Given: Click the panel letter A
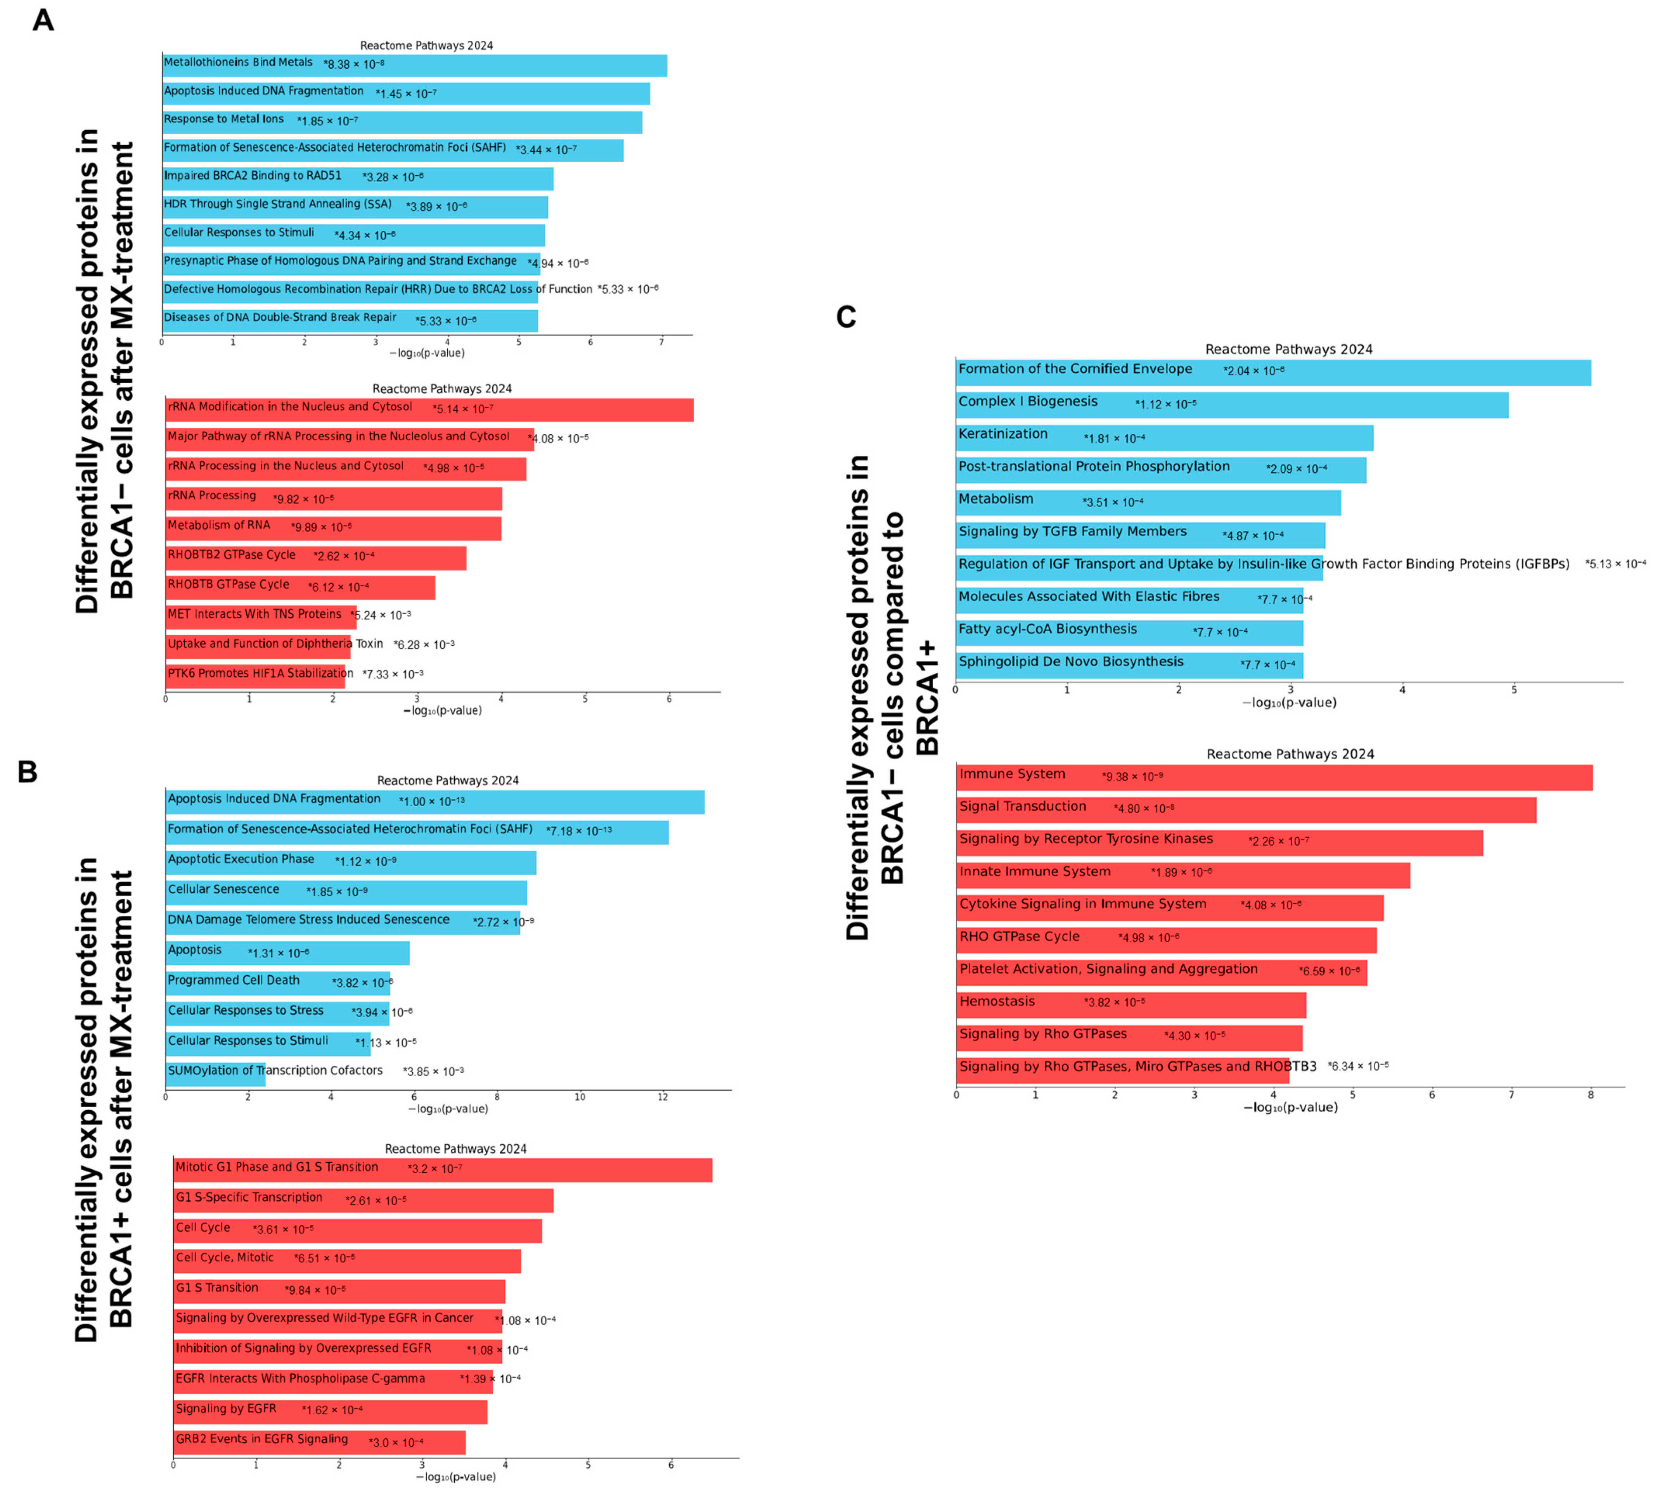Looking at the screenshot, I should coord(43,20).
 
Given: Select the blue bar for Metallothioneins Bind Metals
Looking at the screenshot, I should coord(493,66).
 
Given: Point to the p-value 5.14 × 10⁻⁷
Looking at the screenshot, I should coord(463,408).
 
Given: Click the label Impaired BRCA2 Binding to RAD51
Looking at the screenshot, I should coord(252,176).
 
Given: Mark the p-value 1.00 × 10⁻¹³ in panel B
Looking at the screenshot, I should coord(432,801).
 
